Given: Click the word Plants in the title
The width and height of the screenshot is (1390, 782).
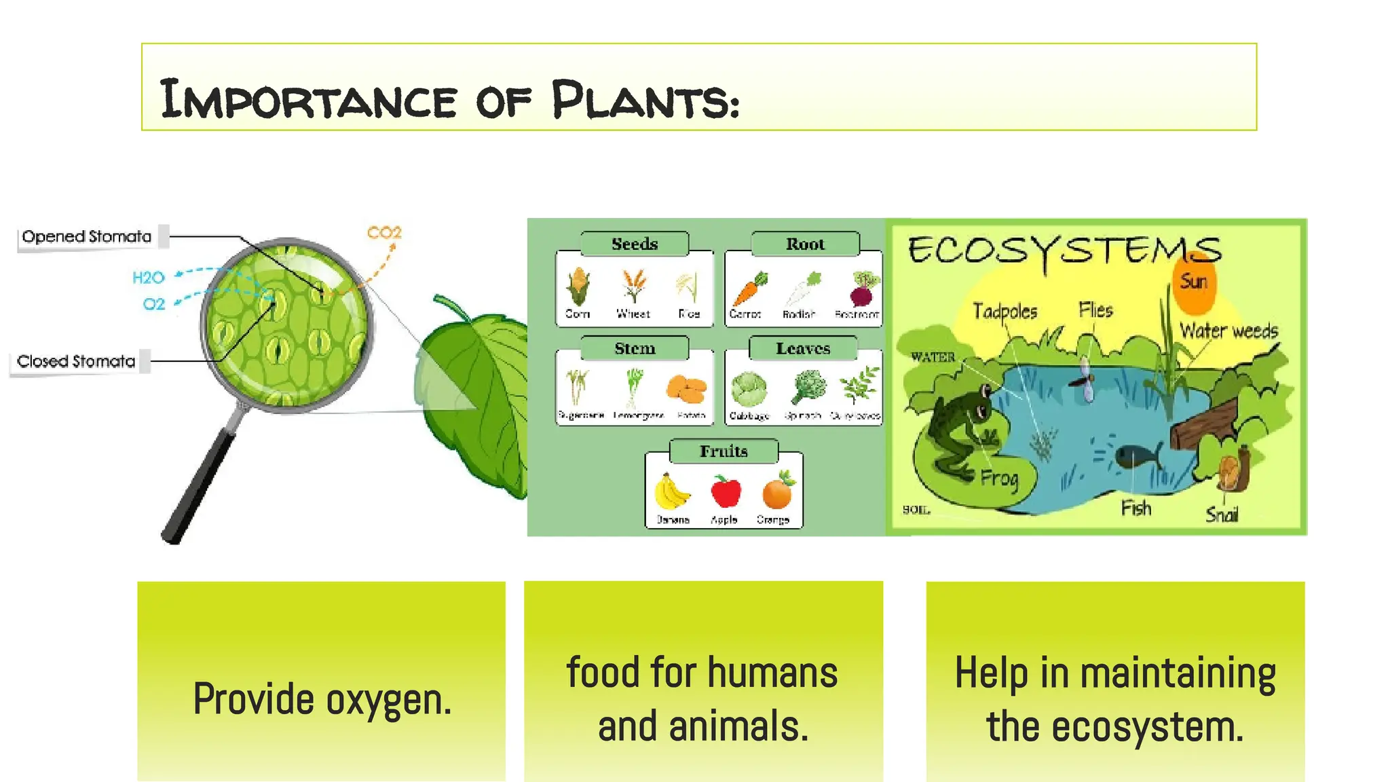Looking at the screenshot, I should (x=645, y=100).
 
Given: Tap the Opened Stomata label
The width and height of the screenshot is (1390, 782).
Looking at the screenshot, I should (x=87, y=236).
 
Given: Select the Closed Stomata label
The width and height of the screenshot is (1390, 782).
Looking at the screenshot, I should (x=76, y=361).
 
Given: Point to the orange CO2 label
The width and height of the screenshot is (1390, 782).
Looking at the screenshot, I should (x=384, y=233).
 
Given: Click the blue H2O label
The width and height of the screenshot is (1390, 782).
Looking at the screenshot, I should (x=149, y=278).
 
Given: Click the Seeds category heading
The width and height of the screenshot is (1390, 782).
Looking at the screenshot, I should (x=635, y=244).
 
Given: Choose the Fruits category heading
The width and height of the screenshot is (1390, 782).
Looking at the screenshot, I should (x=724, y=451).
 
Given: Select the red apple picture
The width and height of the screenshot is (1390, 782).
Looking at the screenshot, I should (x=726, y=491).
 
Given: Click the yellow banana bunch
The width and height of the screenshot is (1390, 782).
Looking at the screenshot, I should (x=671, y=491).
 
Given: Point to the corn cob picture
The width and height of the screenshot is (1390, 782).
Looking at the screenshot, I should (x=578, y=286).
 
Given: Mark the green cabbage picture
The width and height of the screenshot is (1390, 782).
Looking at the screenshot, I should (x=749, y=389).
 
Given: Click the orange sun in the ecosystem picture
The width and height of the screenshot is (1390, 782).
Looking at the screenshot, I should (x=1195, y=281).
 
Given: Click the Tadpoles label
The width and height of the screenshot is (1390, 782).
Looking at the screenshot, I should (x=1005, y=311).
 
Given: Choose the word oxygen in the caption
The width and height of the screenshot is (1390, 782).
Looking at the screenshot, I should (x=388, y=699).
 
